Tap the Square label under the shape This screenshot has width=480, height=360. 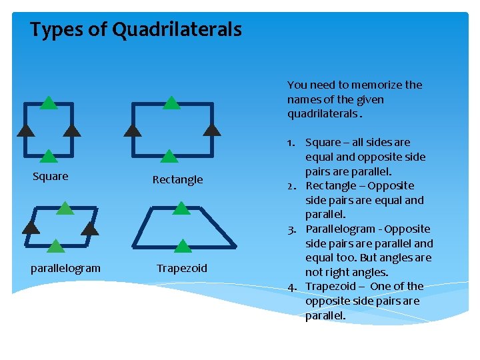51,177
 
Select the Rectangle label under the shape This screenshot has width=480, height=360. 177,179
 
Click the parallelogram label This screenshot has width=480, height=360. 65,268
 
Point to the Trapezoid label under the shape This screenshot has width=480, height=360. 182,268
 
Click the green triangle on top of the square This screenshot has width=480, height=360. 48,103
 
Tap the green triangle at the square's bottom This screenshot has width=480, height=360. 48,157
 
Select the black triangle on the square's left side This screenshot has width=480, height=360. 25,130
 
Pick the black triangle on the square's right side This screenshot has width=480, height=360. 71,130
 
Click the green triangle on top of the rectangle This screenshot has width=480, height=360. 171,103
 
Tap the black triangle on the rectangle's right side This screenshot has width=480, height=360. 211,129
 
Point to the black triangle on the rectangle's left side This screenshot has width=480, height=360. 133,130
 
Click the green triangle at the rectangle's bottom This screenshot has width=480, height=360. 169,157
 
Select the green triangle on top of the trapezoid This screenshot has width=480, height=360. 181,208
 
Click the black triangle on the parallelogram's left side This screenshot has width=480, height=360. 30,227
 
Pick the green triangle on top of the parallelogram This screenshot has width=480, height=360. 65,208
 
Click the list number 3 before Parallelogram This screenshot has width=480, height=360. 292,229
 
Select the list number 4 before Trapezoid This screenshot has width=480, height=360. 292,287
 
